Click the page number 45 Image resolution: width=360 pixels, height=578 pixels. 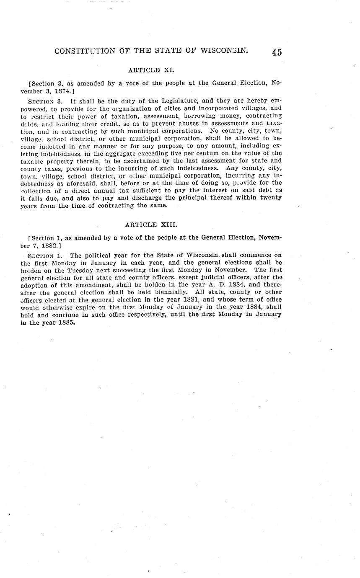coord(276,52)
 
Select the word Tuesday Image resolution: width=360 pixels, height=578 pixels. coord(82,271)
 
